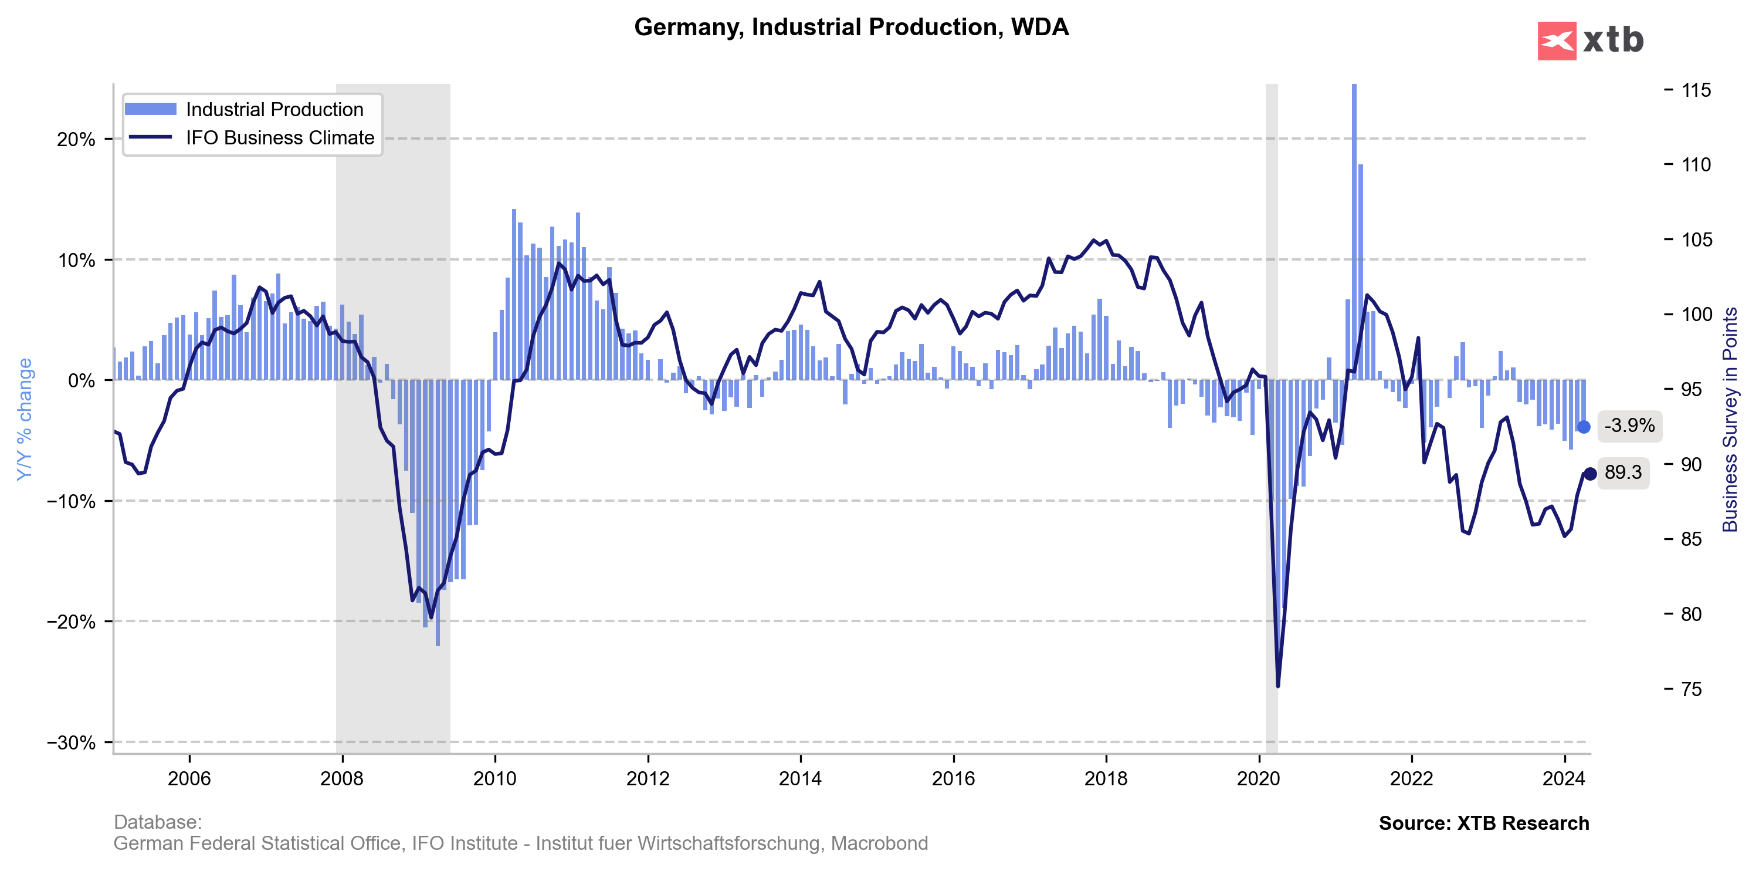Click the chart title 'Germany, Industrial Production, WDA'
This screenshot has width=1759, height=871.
pos(851,28)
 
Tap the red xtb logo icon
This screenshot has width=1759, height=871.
pos(1556,41)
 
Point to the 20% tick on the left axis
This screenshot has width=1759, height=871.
pos(76,139)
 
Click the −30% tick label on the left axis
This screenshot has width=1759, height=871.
pos(71,742)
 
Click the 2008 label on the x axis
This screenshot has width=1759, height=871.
pos(341,779)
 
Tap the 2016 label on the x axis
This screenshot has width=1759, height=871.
pos(953,779)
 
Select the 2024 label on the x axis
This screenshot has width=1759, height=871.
pos(1564,779)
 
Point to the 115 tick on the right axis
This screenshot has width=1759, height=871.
pos(1696,90)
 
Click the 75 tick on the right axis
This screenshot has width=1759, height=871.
pos(1691,688)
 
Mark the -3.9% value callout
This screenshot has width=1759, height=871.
pos(1629,426)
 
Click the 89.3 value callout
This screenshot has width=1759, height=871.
pos(1623,472)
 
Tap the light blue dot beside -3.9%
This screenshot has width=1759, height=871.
pos(1584,427)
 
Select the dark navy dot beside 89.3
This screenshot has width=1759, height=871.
pos(1589,474)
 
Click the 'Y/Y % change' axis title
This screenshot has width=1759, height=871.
pos(25,418)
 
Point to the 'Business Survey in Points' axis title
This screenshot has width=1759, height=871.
pos(1730,418)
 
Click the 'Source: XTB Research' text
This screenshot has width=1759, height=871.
pos(1483,823)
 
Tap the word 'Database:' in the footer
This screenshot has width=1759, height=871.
pos(157,822)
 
